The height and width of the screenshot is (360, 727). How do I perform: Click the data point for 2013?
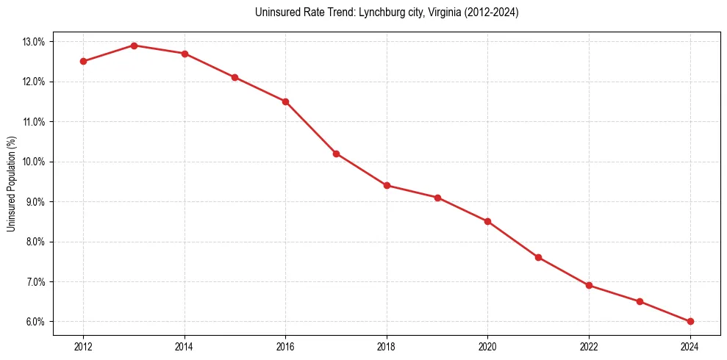coord(134,46)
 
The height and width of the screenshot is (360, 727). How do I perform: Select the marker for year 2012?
coord(83,61)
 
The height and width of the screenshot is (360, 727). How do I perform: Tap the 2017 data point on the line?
coord(336,154)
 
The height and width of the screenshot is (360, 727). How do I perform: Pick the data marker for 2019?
coord(437,198)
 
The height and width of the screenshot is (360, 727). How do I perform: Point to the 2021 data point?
coord(538,257)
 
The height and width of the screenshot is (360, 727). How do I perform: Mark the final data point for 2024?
coord(690,321)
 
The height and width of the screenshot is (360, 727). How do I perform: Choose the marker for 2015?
coord(234,77)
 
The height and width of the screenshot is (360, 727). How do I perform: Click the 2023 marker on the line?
coord(640,301)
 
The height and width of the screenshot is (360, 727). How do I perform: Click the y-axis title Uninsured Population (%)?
coord(11,184)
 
